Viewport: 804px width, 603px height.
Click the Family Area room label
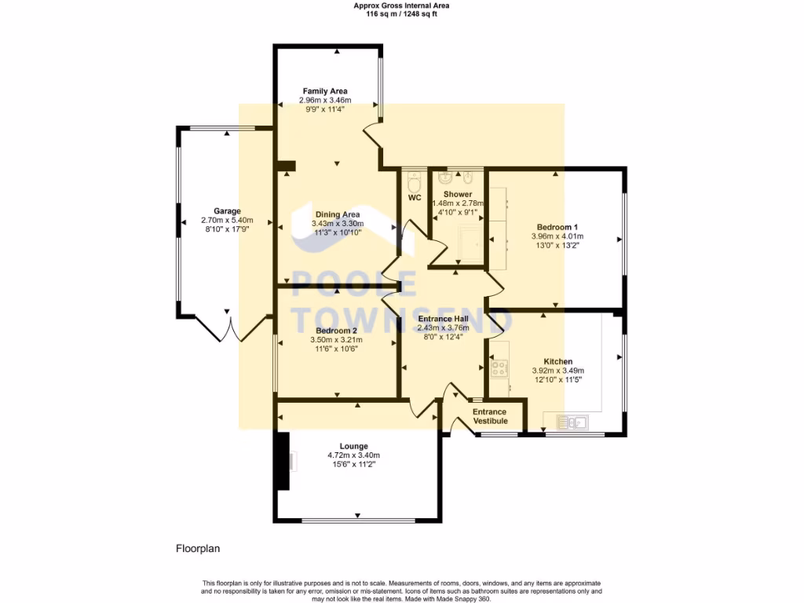(325, 91)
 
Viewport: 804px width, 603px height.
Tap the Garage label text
(227, 210)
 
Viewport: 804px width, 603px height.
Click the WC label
(415, 197)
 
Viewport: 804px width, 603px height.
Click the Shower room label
(457, 194)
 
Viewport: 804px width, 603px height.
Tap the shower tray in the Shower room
(470, 243)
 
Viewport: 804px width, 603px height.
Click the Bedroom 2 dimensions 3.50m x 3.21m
(336, 340)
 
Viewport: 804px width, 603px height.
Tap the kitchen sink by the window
(573, 423)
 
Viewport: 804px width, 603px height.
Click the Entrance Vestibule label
(490, 416)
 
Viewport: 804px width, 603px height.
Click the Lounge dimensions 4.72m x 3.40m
(353, 455)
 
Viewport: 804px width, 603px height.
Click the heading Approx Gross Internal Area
(401, 5)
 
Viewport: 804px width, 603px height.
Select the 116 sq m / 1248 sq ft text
(401, 13)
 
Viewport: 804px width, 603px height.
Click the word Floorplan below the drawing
(198, 549)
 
